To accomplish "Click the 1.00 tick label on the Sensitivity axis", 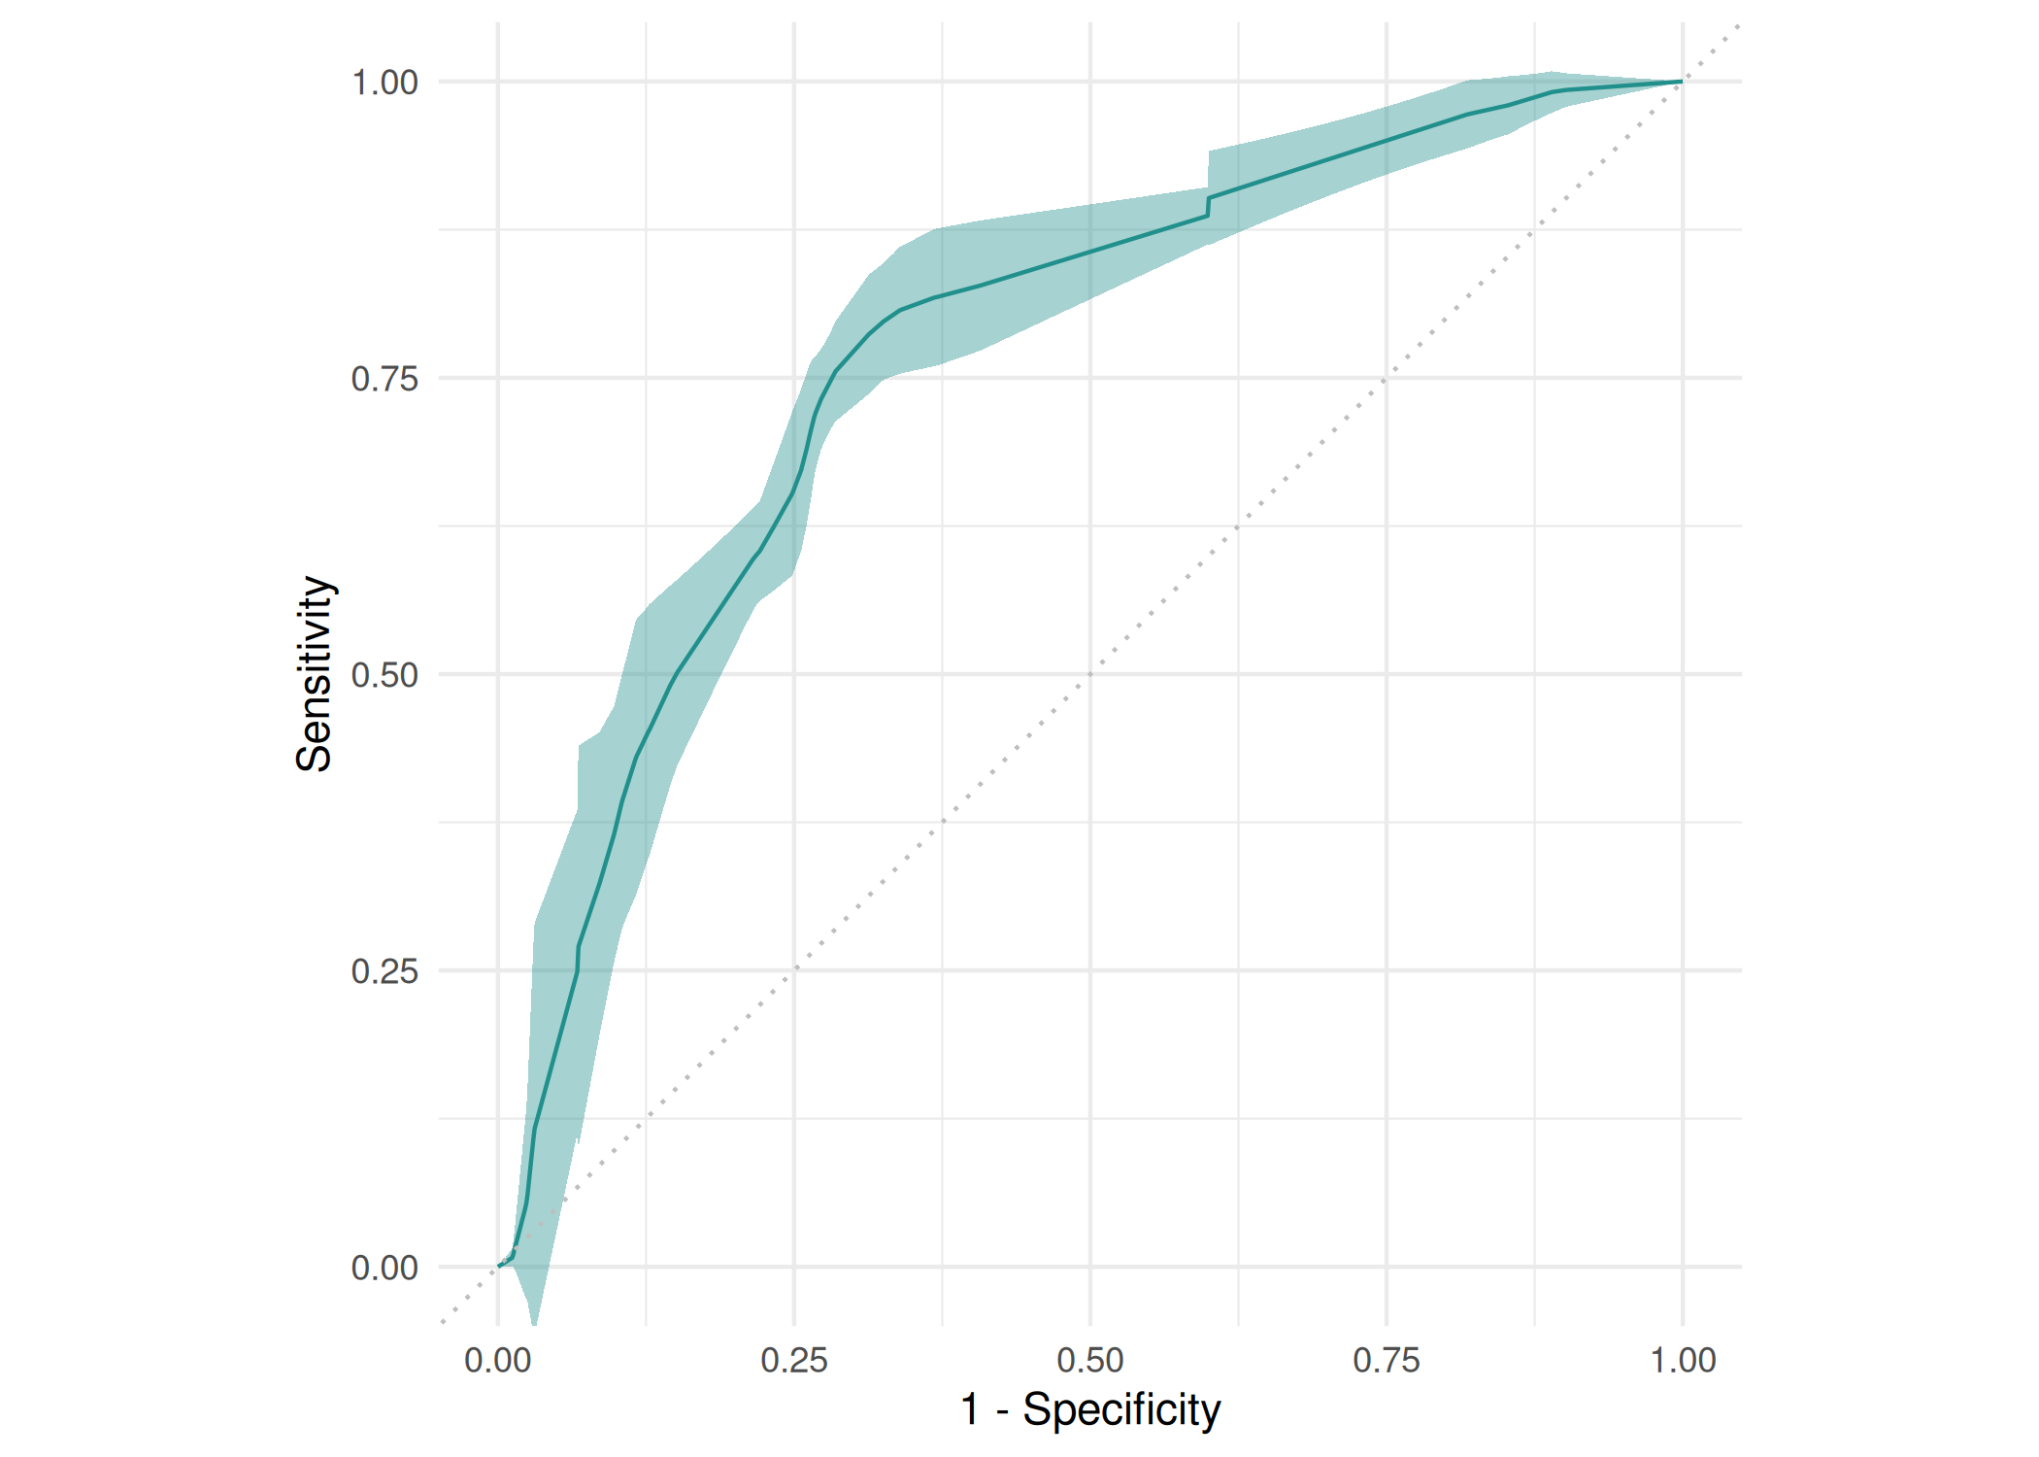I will (384, 83).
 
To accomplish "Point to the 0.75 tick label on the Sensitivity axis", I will (384, 379).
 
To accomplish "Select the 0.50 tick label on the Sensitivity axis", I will (384, 675).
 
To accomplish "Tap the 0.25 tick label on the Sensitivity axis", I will (384, 971).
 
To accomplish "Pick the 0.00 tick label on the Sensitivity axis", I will (384, 1268).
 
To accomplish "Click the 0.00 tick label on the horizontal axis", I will (498, 1360).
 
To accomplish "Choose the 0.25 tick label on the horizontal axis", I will (794, 1360).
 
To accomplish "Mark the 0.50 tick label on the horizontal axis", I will (1090, 1360).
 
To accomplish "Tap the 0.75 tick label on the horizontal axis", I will (1387, 1360).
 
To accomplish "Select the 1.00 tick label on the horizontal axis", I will (1683, 1360).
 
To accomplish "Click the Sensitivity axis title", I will (315, 674).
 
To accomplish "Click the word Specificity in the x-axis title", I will (1121, 1409).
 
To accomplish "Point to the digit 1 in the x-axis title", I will (970, 1409).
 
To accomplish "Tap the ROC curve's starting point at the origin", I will (499, 1266).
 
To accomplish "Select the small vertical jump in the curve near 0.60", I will (1208, 206).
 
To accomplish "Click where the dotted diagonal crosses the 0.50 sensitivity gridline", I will (1090, 674).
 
